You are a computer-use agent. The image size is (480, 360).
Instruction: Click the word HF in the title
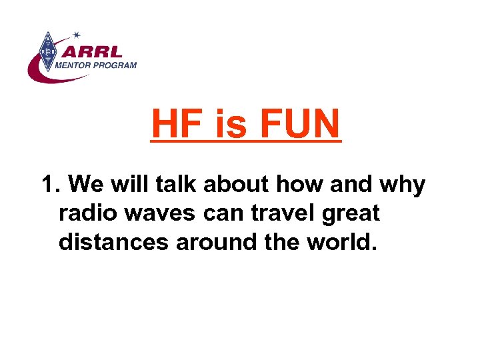pyautogui.click(x=178, y=124)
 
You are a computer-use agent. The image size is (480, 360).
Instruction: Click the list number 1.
pyautogui.click(x=49, y=184)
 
